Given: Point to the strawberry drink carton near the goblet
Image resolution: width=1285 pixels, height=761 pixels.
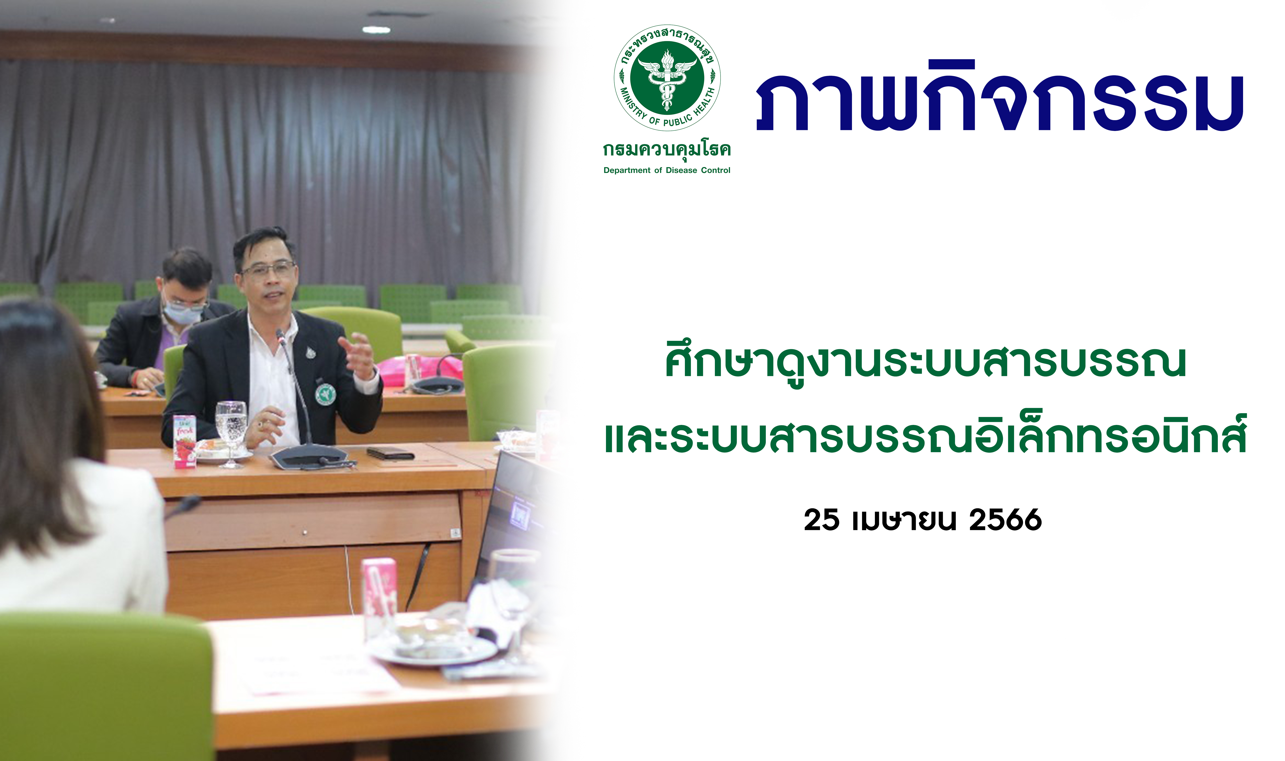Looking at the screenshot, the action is [185, 441].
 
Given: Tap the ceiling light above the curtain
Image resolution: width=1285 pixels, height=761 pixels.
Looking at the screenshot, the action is [376, 30].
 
